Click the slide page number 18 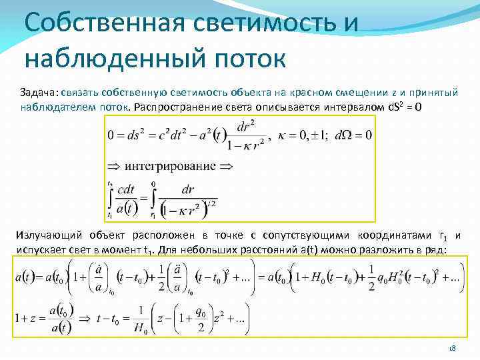coord(452,349)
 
